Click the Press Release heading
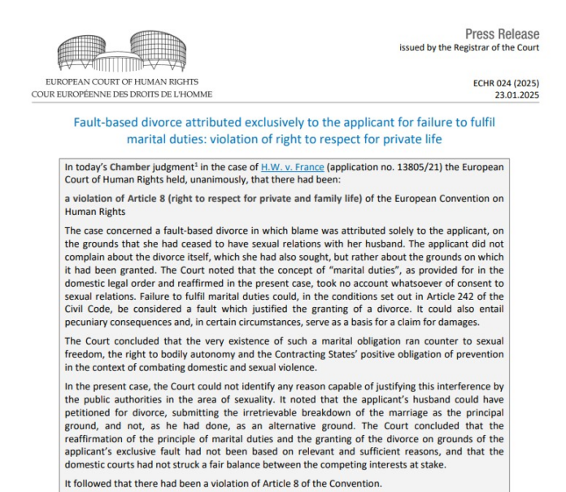[502, 34]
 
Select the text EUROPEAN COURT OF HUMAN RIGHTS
[123, 82]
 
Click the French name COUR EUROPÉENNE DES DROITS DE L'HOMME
[121, 94]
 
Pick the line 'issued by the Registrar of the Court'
[468, 47]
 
